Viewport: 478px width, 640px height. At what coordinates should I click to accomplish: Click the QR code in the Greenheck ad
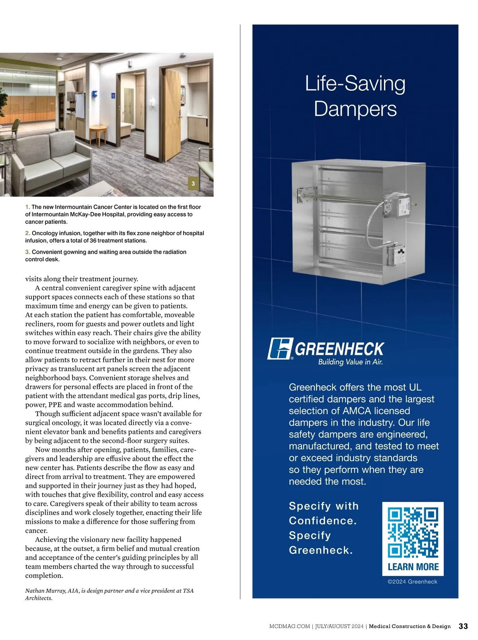(x=413, y=532)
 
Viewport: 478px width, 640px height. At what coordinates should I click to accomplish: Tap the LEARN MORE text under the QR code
(x=413, y=567)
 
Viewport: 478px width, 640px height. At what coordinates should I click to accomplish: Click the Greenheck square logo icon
(x=280, y=349)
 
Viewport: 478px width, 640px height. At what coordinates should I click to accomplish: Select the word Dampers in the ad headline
(x=355, y=109)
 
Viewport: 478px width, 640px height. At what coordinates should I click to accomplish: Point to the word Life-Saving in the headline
(x=355, y=84)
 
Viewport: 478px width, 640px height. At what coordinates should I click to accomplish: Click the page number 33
(x=463, y=626)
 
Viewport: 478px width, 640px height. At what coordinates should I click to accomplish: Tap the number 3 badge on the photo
(x=193, y=184)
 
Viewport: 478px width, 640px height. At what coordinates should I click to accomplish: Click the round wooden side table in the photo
(x=98, y=132)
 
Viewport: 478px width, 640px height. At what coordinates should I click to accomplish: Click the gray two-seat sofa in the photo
(x=50, y=161)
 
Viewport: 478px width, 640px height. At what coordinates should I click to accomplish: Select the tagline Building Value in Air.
(x=350, y=362)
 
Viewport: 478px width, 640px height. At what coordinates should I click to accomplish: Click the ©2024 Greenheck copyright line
(x=412, y=582)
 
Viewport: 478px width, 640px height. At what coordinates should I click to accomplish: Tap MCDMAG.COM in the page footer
(x=290, y=626)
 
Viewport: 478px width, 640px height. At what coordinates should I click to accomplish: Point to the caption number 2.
(x=27, y=233)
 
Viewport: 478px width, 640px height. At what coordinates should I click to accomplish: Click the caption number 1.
(x=27, y=207)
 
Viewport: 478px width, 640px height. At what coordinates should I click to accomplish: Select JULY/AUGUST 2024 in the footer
(x=339, y=626)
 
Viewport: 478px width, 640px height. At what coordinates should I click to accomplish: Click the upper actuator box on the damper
(x=397, y=206)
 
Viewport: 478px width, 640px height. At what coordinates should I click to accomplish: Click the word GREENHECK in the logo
(x=339, y=349)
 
